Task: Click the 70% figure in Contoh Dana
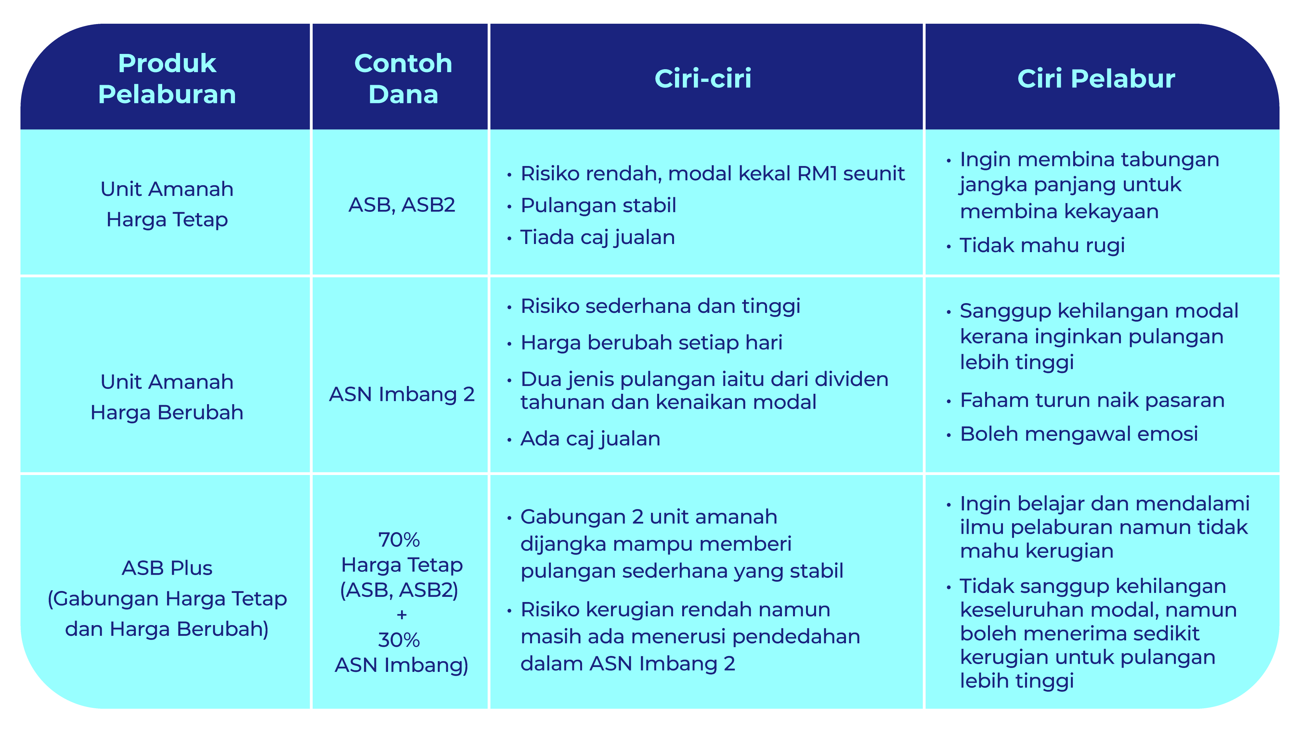399,540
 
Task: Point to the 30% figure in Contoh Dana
399,640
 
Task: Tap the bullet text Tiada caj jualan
598,237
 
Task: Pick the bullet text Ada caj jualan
591,438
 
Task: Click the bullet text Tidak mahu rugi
1042,245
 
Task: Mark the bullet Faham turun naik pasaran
1092,400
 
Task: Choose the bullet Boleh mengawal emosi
1079,434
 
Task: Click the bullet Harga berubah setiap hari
652,342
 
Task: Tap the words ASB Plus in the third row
167,568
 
